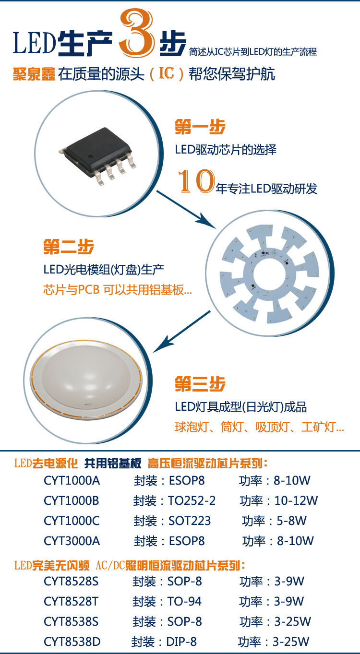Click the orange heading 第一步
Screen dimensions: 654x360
click(200, 127)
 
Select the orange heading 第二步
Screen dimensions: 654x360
click(68, 247)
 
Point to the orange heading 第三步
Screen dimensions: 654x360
click(200, 384)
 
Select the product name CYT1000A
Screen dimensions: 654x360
click(72, 481)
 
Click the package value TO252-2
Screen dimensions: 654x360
click(192, 501)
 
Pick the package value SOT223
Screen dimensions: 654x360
click(190, 521)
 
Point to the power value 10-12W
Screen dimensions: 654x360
click(296, 501)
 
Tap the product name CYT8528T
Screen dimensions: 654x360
click(71, 602)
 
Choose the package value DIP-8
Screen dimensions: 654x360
click(182, 642)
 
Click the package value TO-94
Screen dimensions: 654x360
click(184, 602)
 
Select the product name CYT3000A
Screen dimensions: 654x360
click(72, 541)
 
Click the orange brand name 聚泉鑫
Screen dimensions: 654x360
click(33, 75)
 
